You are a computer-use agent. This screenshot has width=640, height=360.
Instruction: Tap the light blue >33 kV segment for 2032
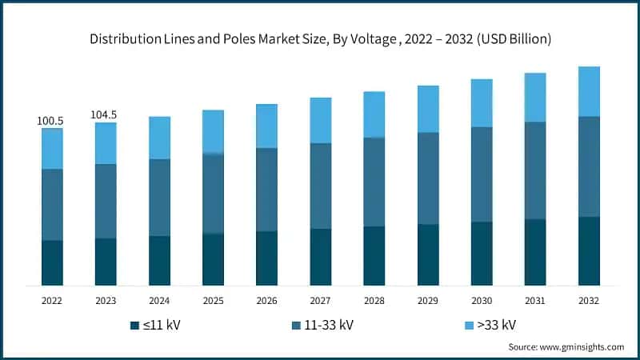tap(589, 91)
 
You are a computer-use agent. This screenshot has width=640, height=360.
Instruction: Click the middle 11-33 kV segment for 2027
tap(320, 186)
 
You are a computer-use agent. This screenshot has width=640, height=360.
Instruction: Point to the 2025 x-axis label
tap(213, 301)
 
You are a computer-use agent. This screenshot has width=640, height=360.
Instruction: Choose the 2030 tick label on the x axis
tap(482, 301)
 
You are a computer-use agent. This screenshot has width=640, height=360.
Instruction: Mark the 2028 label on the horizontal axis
tap(374, 301)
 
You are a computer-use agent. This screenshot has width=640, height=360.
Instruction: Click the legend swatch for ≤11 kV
tap(134, 326)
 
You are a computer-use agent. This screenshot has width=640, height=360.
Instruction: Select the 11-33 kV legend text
tap(330, 326)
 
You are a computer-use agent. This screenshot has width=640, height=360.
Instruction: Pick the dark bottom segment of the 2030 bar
tap(482, 254)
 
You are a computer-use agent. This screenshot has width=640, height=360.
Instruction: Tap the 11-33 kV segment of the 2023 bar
tap(106, 201)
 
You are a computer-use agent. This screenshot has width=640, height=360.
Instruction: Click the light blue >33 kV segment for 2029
tap(428, 109)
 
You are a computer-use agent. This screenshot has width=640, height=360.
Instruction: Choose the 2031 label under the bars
tap(535, 301)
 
